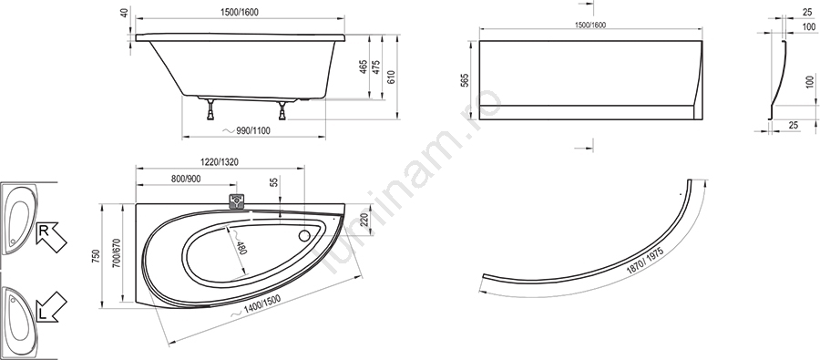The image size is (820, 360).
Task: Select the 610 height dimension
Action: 391,77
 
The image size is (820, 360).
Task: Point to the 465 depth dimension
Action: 363,67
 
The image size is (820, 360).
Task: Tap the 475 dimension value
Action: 375,67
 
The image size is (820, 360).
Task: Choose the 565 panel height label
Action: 466,79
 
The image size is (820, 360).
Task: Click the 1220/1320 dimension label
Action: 219,162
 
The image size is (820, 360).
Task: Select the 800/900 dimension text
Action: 186,179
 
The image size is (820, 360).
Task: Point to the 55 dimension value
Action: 274,182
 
